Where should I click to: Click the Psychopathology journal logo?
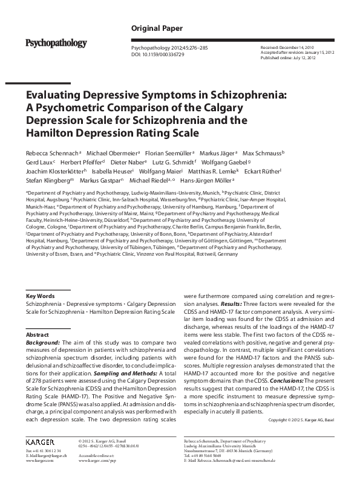pos(56,43)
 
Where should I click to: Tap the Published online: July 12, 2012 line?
pos(288,59)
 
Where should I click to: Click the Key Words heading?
pos(40,296)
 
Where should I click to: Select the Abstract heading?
pos(37,334)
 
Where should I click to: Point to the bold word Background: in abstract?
pos(42,343)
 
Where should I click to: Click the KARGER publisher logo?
pos(41,443)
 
